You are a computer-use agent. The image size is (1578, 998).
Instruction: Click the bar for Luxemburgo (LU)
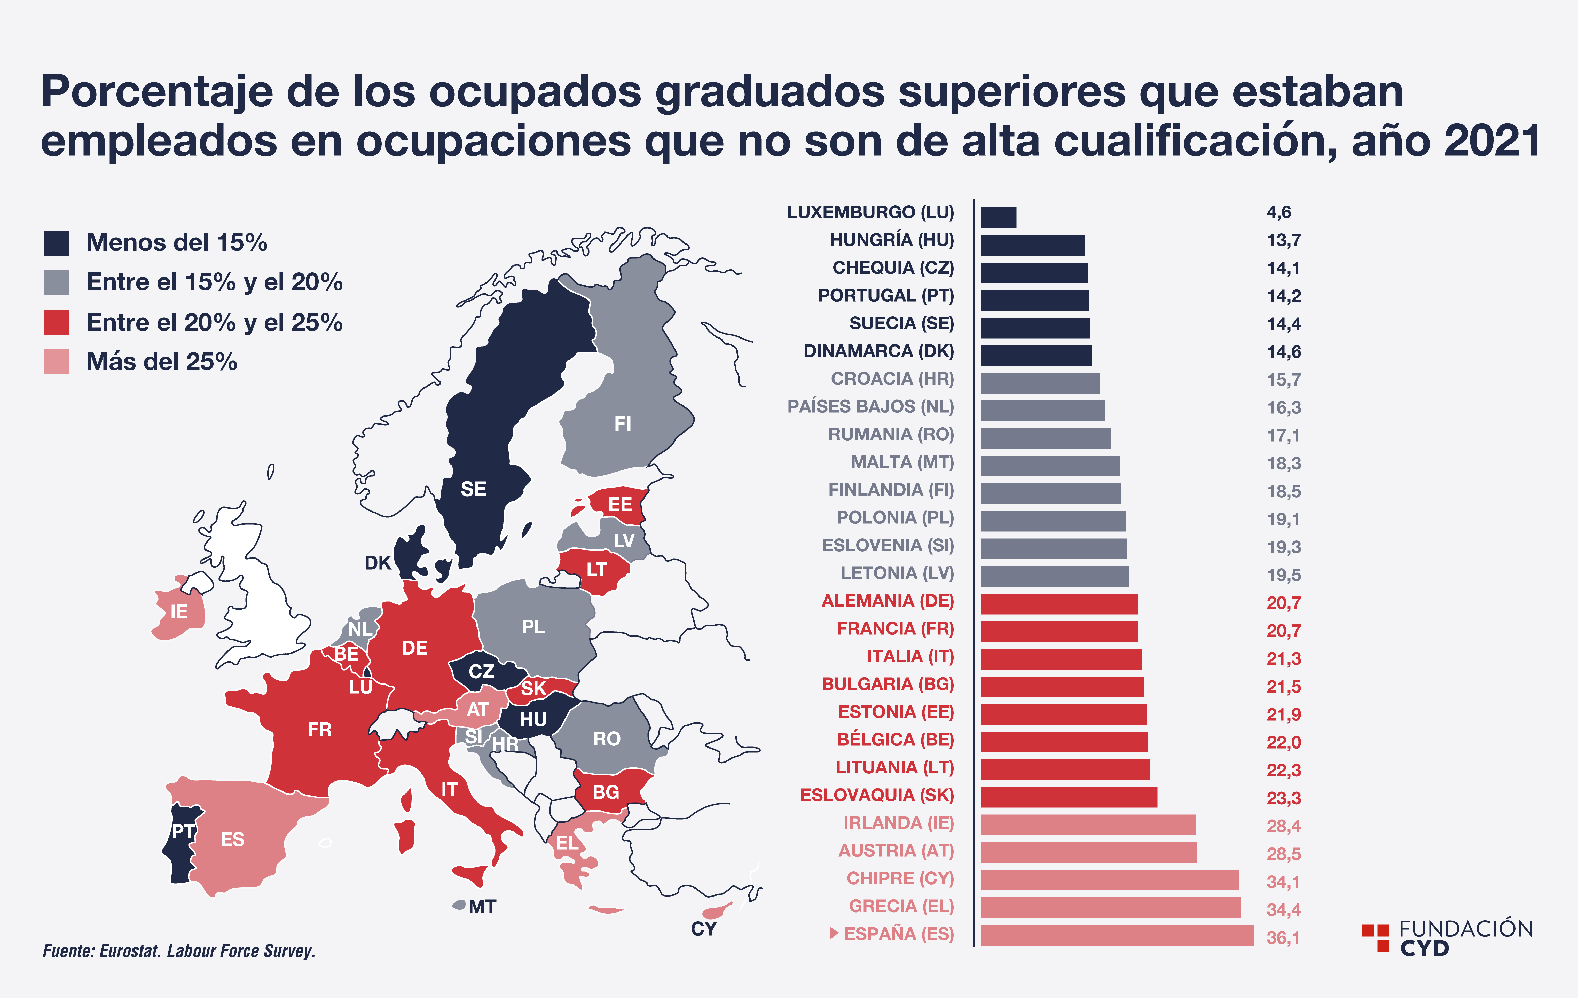[998, 218]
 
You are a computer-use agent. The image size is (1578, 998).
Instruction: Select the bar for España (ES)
[1117, 935]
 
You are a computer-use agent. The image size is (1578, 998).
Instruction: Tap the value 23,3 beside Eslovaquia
[1283, 798]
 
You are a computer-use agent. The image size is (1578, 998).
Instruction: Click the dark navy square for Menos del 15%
[56, 242]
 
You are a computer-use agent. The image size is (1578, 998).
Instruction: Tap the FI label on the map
[623, 424]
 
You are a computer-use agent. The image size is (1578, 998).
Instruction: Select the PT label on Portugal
[183, 831]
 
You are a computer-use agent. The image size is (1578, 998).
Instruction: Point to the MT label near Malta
[482, 907]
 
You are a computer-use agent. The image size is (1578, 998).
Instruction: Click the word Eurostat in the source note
[129, 951]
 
